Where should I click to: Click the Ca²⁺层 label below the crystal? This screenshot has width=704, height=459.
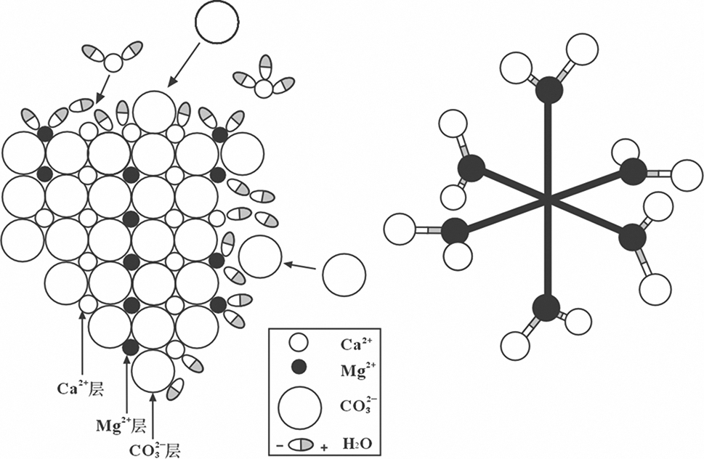81,389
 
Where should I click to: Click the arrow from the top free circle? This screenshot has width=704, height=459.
184,64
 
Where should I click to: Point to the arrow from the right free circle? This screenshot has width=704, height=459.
300,267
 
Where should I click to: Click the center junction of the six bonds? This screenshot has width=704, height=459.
547,198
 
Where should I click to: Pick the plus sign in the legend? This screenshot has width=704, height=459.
322,444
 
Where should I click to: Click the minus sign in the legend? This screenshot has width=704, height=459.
278,442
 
